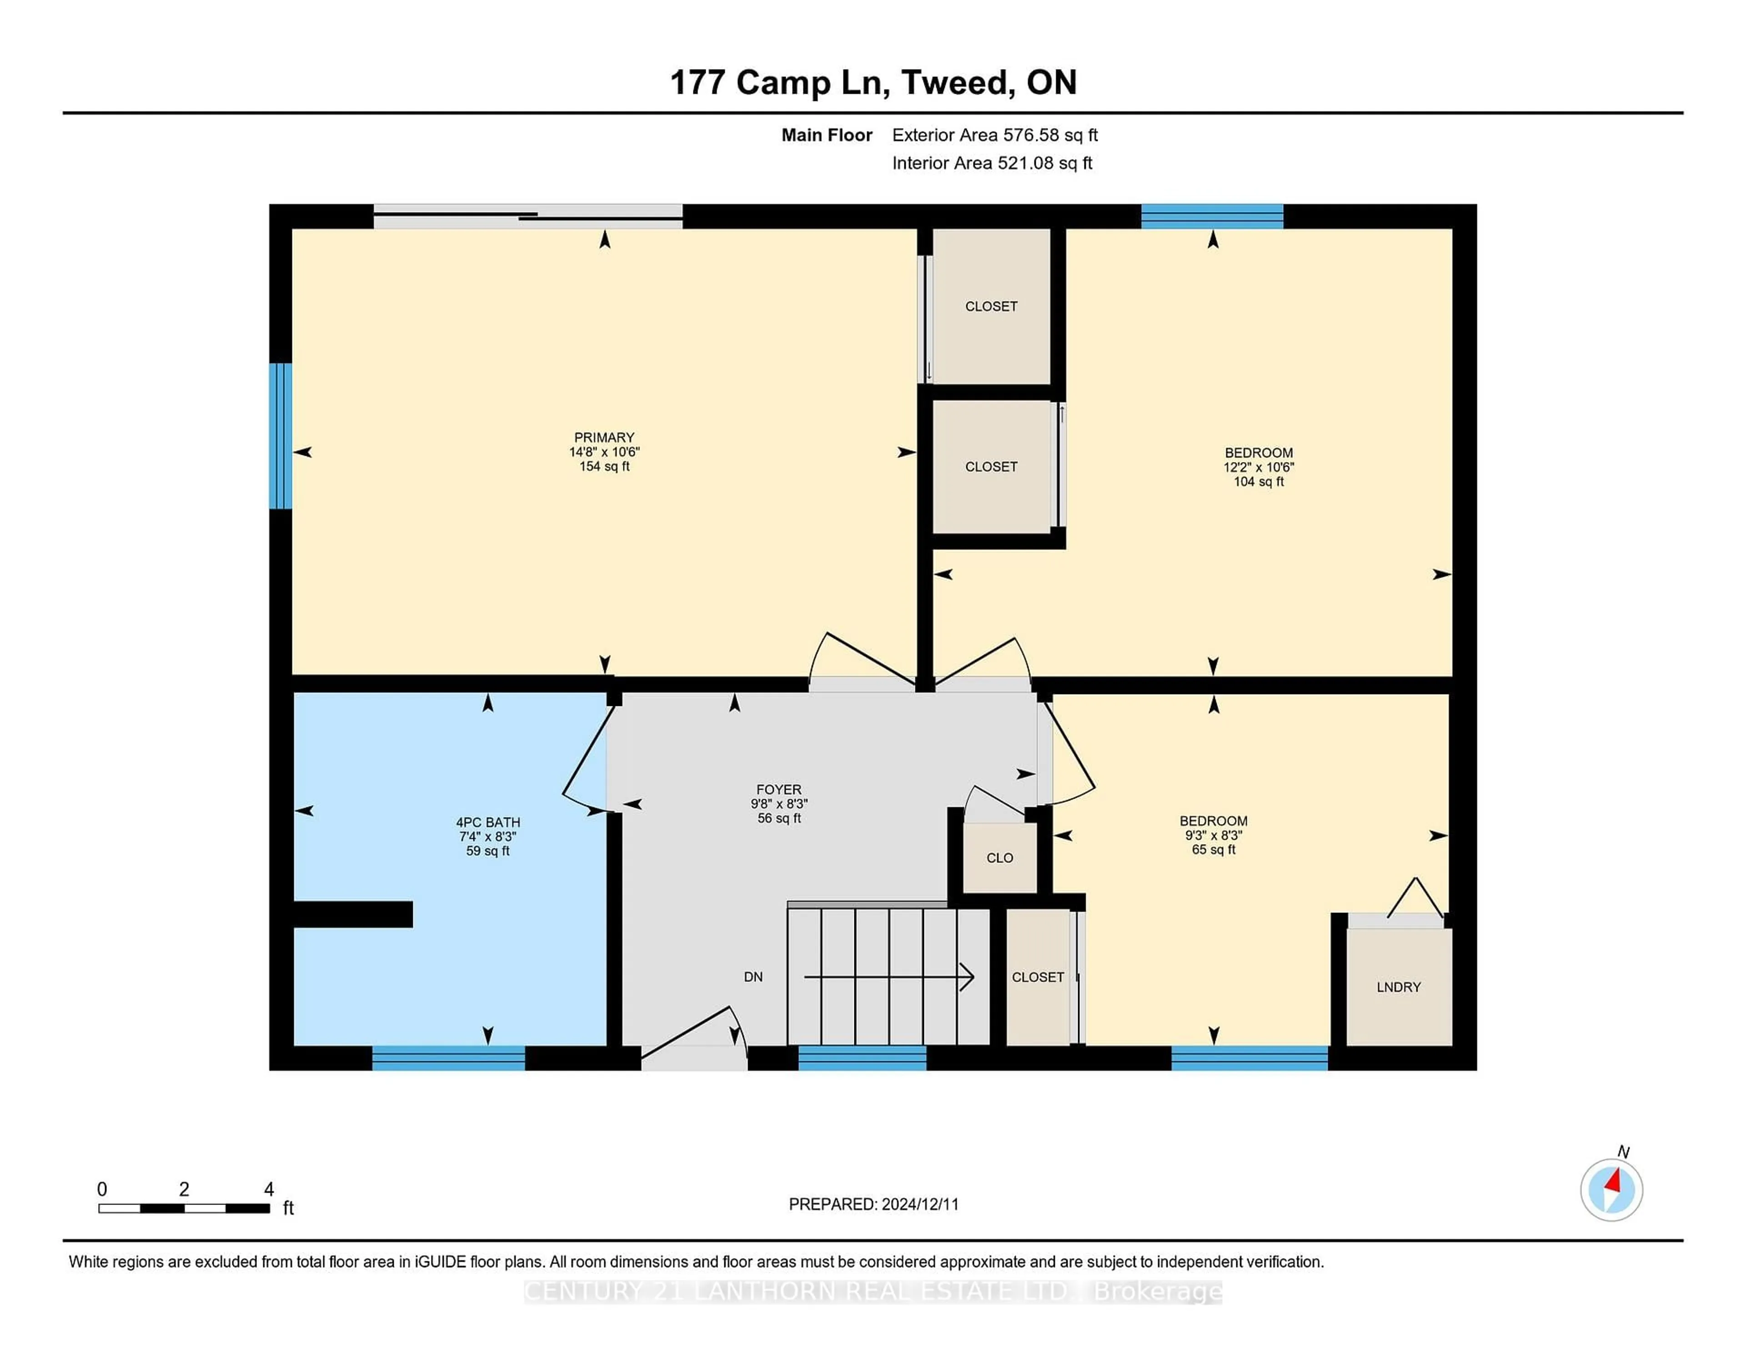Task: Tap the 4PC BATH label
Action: [488, 822]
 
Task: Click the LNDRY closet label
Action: [1398, 987]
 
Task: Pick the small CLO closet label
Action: [999, 857]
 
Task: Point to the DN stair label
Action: [753, 977]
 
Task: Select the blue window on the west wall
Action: [280, 436]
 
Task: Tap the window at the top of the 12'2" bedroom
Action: [1211, 216]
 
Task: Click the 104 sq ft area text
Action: [1258, 481]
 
